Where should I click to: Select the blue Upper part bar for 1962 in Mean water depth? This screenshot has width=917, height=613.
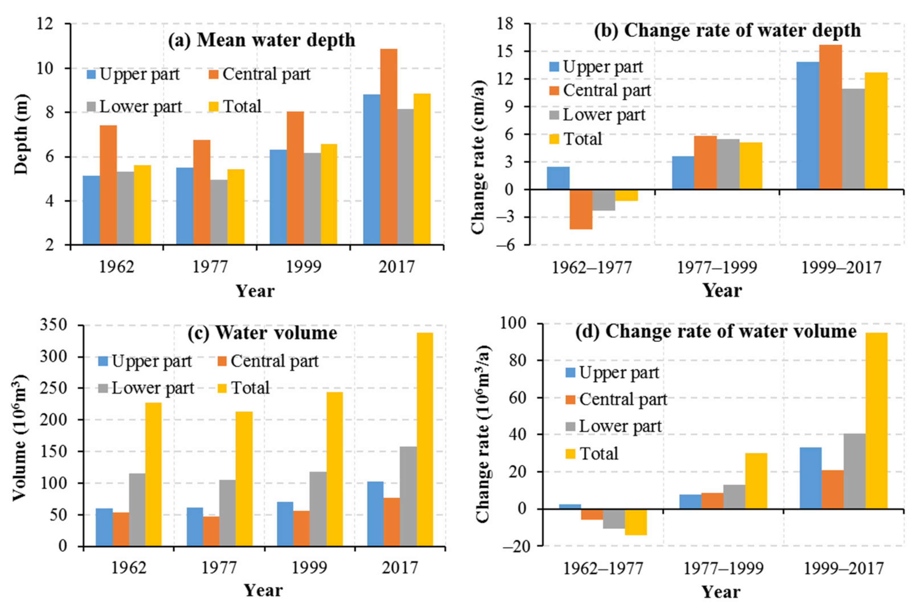[x=91, y=210]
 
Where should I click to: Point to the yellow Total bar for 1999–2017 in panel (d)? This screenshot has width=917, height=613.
[x=876, y=421]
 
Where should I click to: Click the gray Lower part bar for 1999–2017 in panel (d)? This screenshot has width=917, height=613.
[x=855, y=471]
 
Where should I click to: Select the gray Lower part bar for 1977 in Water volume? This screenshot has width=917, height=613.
[x=227, y=513]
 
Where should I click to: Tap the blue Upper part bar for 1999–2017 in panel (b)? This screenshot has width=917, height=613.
[x=808, y=125]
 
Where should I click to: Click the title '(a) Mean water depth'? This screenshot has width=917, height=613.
[x=262, y=40]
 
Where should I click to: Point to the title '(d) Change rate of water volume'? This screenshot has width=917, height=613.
[x=716, y=332]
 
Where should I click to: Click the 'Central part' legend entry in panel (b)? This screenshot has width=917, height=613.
[x=600, y=91]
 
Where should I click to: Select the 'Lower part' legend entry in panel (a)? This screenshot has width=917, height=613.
[x=135, y=107]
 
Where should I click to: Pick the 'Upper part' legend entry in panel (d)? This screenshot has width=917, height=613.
[x=612, y=373]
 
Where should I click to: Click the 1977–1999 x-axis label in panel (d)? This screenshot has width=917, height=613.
[x=723, y=568]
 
